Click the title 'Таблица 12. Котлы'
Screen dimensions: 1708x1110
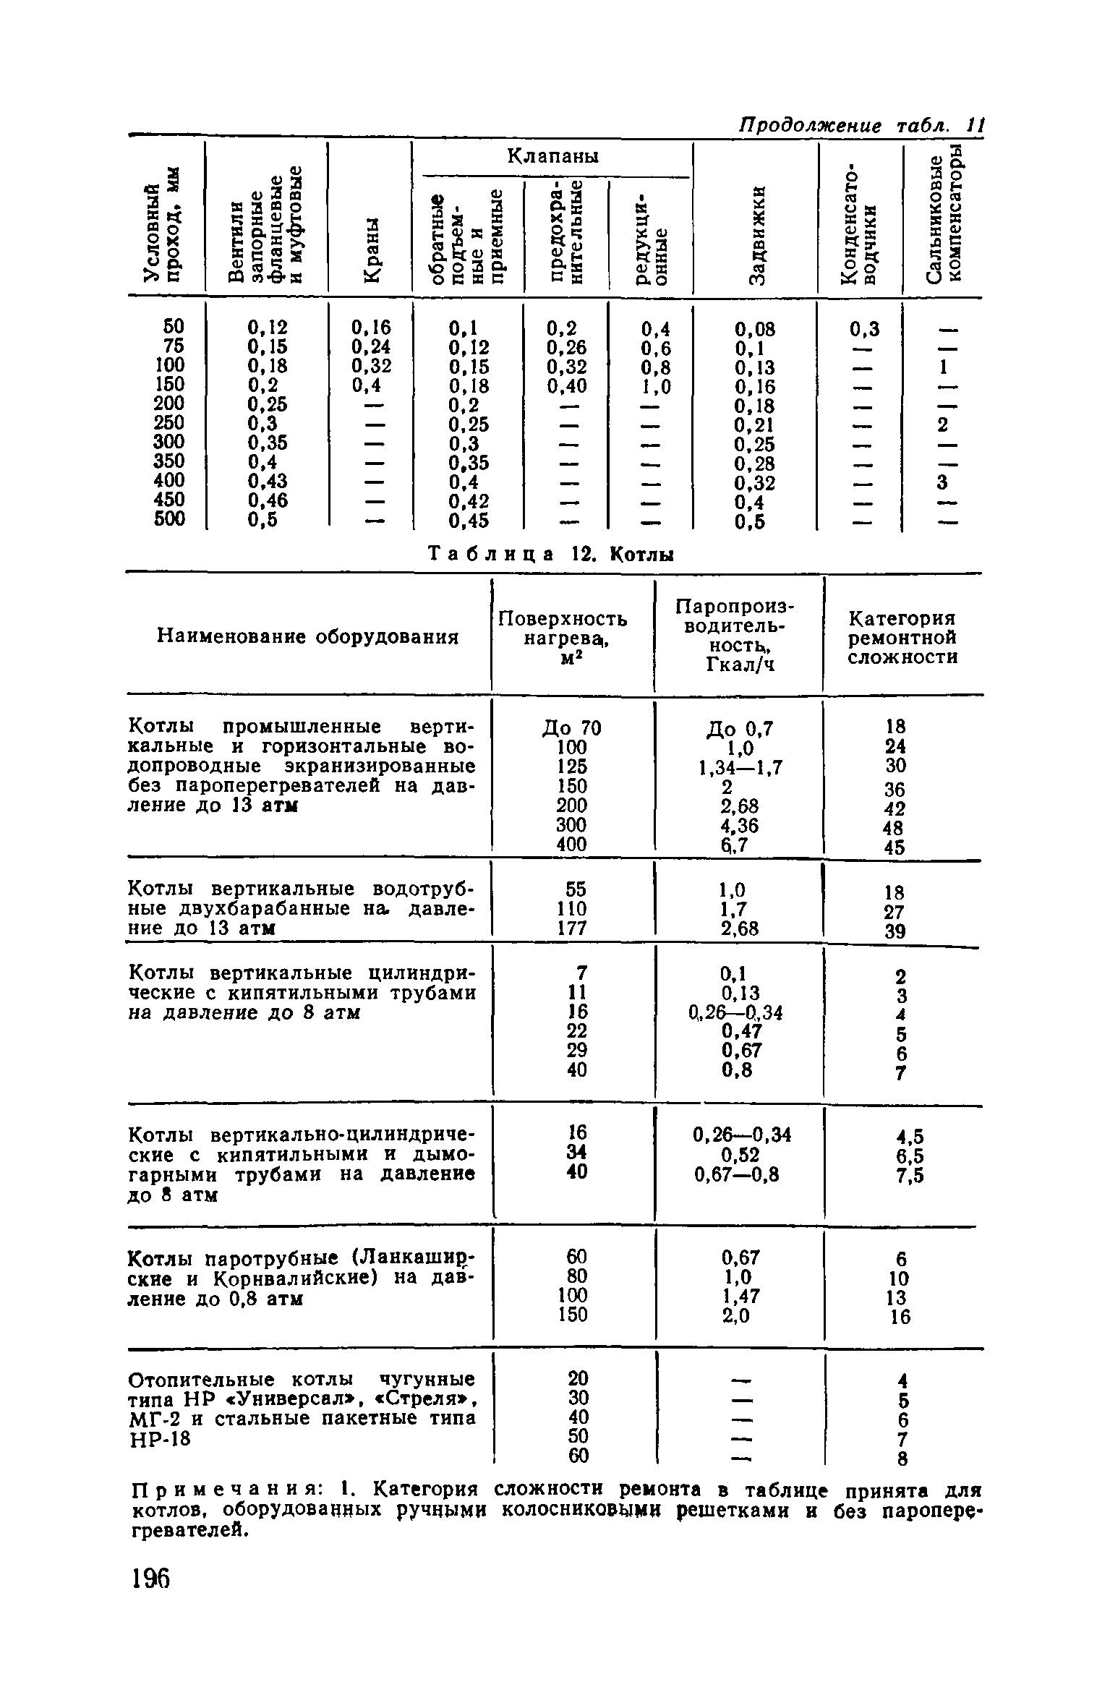(x=552, y=555)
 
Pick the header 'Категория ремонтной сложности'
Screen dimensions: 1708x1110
(x=903, y=638)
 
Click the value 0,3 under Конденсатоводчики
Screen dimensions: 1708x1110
(x=864, y=330)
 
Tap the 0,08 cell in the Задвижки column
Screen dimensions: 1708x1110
(x=755, y=330)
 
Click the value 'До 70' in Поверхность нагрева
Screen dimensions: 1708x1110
(x=572, y=727)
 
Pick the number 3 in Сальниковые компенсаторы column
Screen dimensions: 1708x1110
(x=942, y=482)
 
